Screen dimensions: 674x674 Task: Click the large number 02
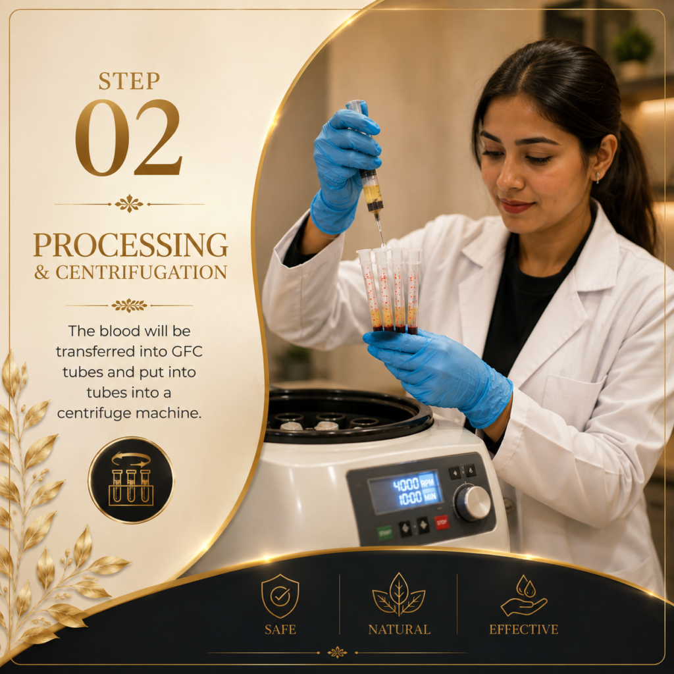[129, 138]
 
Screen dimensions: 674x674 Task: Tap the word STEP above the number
[129, 81]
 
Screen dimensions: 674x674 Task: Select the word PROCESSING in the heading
[131, 245]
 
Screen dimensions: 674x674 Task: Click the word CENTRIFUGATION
[142, 272]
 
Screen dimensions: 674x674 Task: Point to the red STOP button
[441, 522]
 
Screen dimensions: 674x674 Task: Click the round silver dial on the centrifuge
[473, 502]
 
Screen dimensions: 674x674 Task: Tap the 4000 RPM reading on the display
[415, 484]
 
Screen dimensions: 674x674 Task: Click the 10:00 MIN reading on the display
[417, 498]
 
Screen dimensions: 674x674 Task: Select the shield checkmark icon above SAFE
[280, 596]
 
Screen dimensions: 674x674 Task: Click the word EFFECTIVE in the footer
[523, 629]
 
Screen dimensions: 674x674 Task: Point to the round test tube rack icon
[131, 480]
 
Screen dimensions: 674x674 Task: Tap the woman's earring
[598, 178]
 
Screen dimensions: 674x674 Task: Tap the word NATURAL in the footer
[399, 629]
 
